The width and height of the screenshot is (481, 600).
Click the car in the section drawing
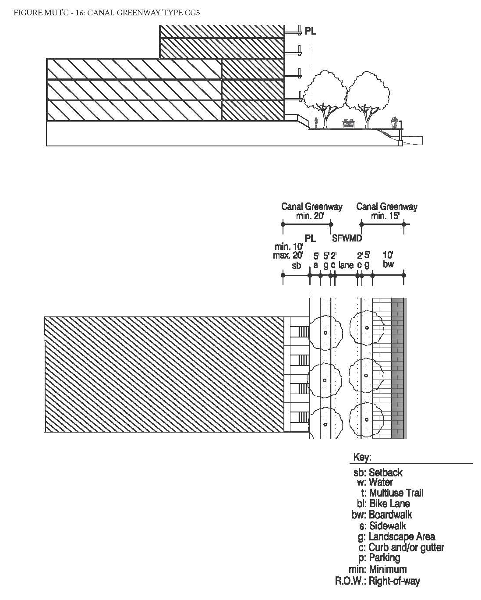coord(348,124)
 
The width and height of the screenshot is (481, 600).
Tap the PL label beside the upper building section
coord(310,32)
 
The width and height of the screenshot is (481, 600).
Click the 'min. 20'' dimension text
coord(310,216)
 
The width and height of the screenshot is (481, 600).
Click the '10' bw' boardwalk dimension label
coord(388,259)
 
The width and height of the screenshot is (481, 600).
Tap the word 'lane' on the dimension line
coord(346,265)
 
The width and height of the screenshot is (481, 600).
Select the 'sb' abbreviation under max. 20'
coord(297,266)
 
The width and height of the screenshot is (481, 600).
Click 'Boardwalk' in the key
coord(390,515)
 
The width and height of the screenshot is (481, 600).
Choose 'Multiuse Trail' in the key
coord(396,493)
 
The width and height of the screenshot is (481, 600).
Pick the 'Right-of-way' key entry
coord(394,581)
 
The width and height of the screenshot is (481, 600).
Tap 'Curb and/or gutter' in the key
coord(406,547)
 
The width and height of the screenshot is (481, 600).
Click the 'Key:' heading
coord(362,458)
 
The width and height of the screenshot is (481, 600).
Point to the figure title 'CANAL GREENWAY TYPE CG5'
coord(143,13)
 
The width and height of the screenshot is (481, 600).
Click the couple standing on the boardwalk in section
coord(395,122)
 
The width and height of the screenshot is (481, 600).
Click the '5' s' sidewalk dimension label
coord(316,260)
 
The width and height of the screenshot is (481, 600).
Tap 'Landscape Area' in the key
coord(402,536)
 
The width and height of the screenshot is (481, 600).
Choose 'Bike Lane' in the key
coord(389,504)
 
